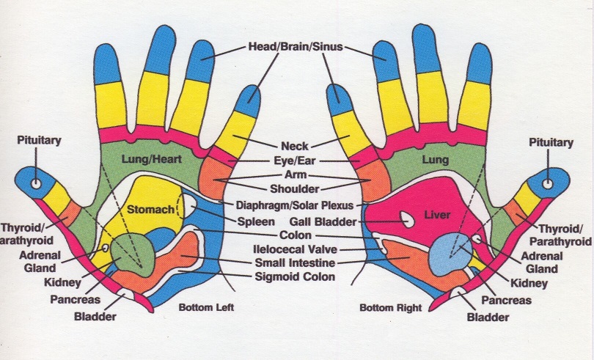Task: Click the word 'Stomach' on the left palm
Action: click(150, 209)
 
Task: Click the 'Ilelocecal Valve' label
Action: click(294, 249)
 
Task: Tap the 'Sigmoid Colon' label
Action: click(294, 276)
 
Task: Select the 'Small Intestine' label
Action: click(294, 262)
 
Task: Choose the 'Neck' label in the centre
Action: click(295, 145)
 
